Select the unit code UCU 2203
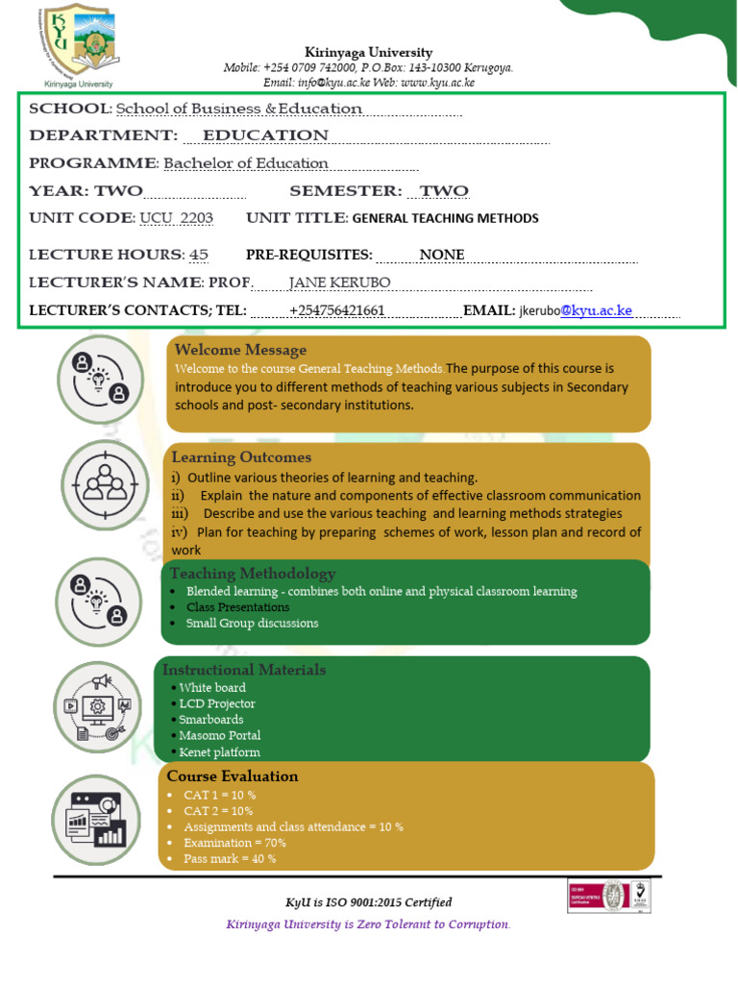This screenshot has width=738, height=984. [176, 218]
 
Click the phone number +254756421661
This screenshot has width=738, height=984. [336, 310]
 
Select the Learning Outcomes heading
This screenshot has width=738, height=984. [241, 457]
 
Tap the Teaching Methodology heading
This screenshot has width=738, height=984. [253, 574]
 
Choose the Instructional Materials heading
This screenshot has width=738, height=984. [244, 670]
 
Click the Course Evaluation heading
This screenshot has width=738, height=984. [233, 776]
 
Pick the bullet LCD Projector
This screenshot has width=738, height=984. [217, 703]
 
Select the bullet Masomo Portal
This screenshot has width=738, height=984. [220, 736]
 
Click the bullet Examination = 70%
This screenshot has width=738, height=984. [235, 843]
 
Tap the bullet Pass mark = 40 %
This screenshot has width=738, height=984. [231, 859]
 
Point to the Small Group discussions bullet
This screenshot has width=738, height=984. [239, 624]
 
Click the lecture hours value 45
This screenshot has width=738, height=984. [199, 255]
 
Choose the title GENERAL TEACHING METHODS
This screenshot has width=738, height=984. [445, 218]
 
